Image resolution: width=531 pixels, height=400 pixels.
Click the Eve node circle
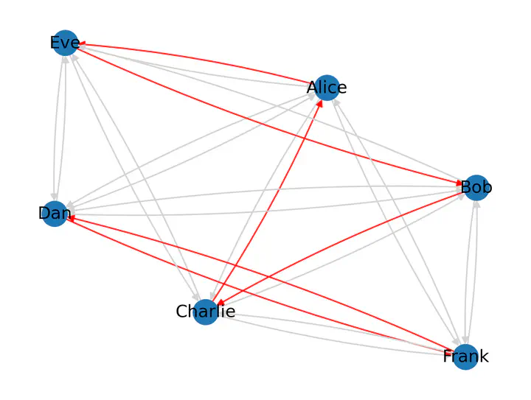[x=66, y=43]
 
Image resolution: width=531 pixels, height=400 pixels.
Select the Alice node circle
[x=327, y=87]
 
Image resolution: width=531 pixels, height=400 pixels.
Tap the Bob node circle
[x=475, y=188]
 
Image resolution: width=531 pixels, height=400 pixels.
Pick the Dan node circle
[x=55, y=214]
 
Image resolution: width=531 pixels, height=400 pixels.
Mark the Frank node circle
[x=465, y=357]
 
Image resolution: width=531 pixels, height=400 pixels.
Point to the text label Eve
[x=65, y=43]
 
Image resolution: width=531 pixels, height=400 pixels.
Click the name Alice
[x=327, y=88]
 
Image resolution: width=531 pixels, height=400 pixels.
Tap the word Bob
[x=476, y=188]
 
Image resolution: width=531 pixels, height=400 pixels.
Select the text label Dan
[x=55, y=214]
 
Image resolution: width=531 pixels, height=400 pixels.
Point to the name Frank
[x=465, y=357]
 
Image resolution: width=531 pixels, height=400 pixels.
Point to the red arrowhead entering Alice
[x=320, y=103]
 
